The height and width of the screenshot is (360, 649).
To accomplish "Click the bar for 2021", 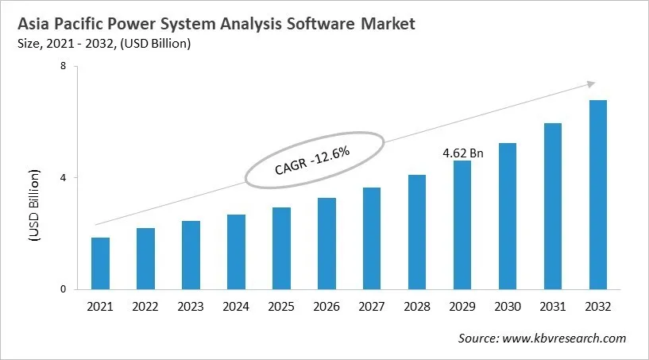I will (x=100, y=263).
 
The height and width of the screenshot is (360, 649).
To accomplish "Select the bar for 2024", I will (x=236, y=252).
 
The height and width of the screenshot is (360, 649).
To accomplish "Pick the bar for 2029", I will (x=462, y=225).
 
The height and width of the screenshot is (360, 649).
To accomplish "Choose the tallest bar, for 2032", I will (x=598, y=195).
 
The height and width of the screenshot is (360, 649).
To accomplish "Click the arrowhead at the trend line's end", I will (x=590, y=83).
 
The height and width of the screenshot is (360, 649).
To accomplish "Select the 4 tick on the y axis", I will (x=62, y=178).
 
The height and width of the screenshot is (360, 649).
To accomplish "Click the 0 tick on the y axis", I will (x=62, y=290).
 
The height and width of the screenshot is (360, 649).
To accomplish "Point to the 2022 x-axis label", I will (x=145, y=306).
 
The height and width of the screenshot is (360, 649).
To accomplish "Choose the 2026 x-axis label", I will (x=326, y=306).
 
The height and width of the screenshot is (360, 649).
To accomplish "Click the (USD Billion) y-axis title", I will (x=35, y=206).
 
